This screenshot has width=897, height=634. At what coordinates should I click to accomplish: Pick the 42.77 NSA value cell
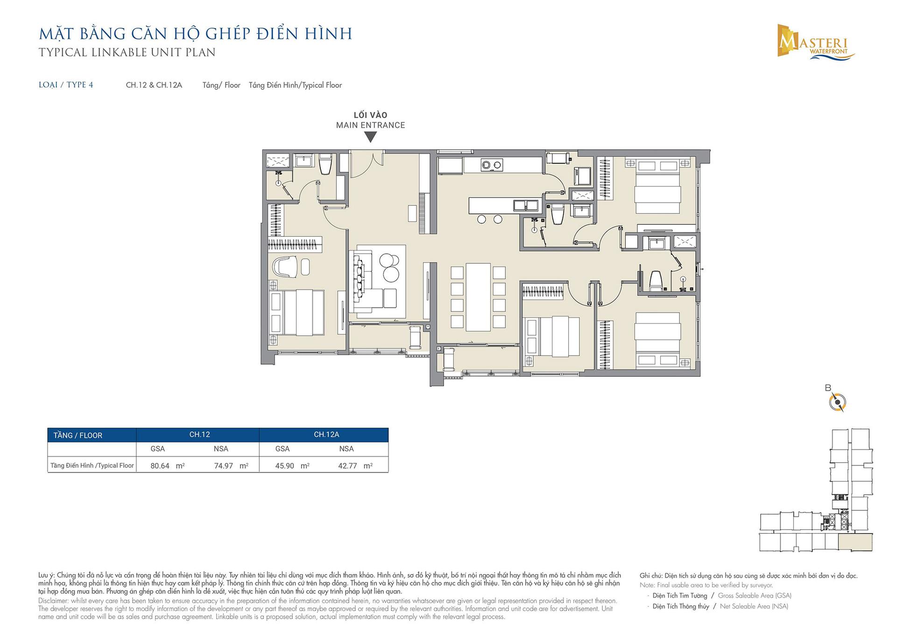(355, 466)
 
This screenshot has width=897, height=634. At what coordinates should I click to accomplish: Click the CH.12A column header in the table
(326, 435)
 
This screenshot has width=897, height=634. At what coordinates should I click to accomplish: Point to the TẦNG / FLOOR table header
(78, 436)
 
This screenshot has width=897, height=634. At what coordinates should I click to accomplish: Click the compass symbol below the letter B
(837, 402)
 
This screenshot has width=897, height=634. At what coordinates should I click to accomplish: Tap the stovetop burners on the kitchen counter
(492, 165)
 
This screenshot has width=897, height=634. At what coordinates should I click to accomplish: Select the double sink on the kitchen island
(525, 205)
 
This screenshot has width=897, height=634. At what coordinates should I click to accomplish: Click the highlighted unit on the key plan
(855, 543)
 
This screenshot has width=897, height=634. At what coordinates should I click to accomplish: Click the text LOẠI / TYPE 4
(66, 85)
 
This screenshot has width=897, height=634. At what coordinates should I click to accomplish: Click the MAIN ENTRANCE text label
(371, 125)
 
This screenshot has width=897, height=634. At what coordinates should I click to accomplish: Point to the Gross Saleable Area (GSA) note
(755, 596)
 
